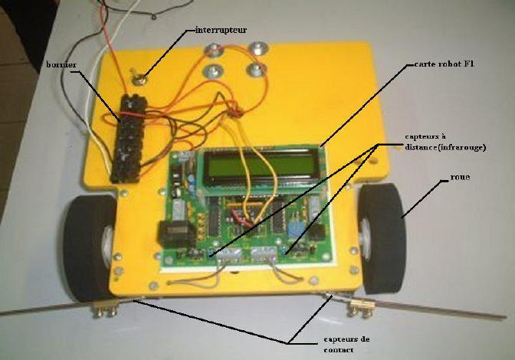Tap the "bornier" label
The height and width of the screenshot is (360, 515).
(x=61, y=66)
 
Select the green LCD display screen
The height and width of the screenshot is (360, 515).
(x=258, y=165)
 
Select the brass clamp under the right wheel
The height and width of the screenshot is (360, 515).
(x=362, y=309)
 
